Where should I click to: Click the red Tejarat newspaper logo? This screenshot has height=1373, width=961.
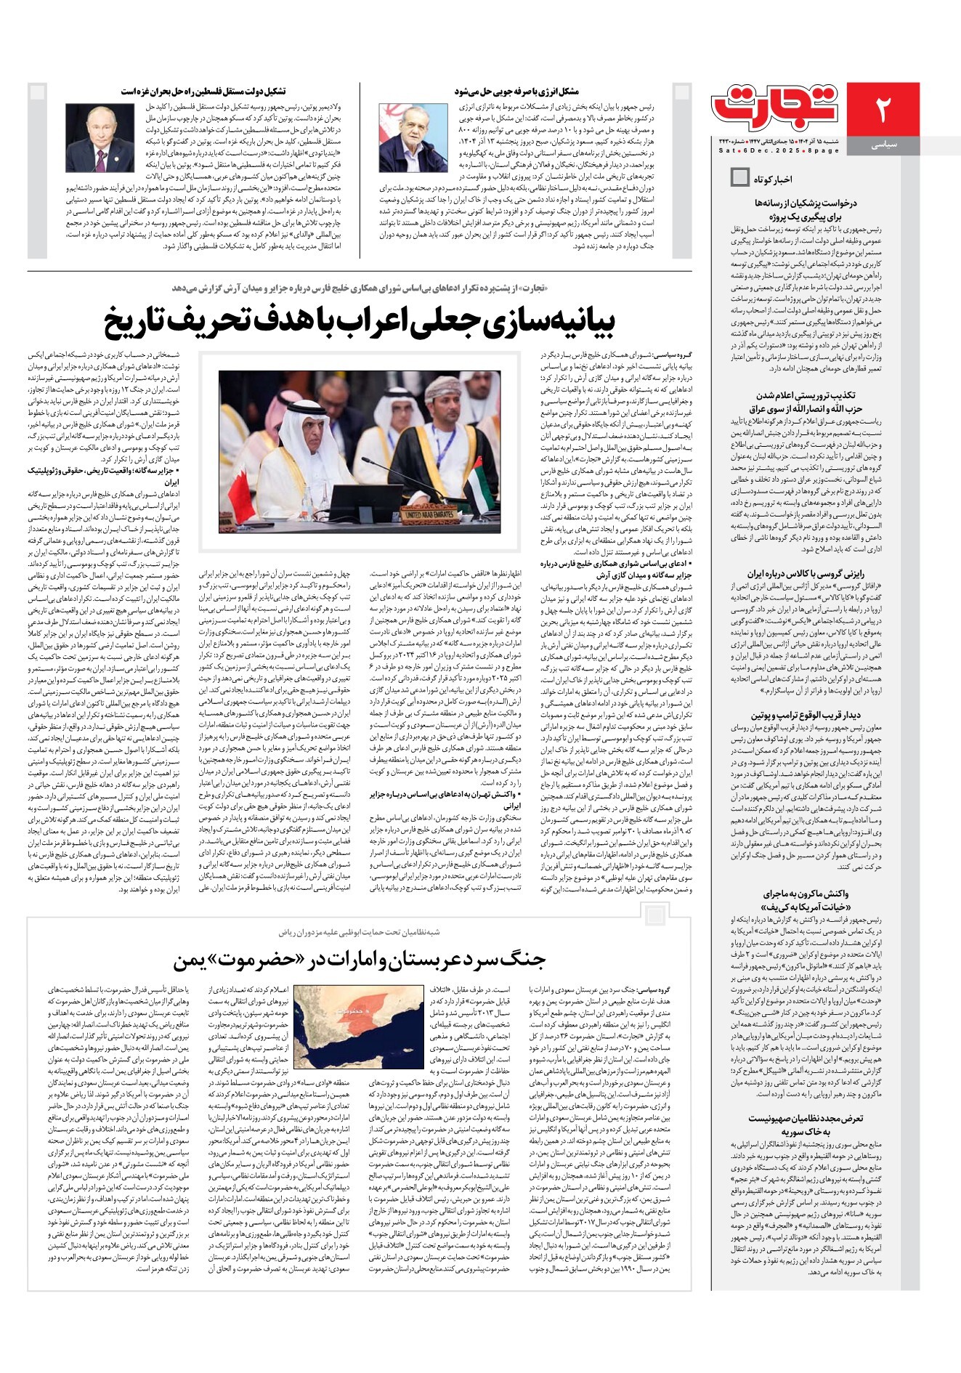pos(776,107)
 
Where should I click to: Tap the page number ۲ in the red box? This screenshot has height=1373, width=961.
pos(883,108)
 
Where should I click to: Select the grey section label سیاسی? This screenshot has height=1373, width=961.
pos(883,145)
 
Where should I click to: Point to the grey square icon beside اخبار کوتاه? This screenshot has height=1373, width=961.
pos(739,177)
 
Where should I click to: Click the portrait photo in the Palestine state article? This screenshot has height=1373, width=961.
pos(90,137)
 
